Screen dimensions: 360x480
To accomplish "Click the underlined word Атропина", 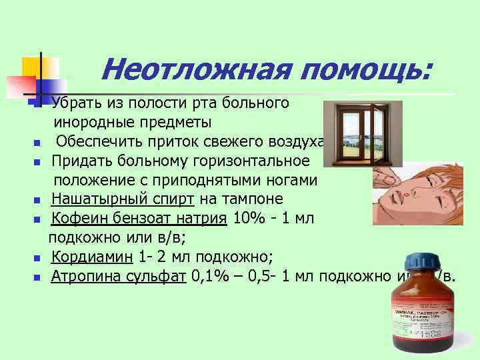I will point(83,277).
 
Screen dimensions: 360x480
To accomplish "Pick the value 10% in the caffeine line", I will point(246,219).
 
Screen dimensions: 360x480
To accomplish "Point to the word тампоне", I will point(254,199).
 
